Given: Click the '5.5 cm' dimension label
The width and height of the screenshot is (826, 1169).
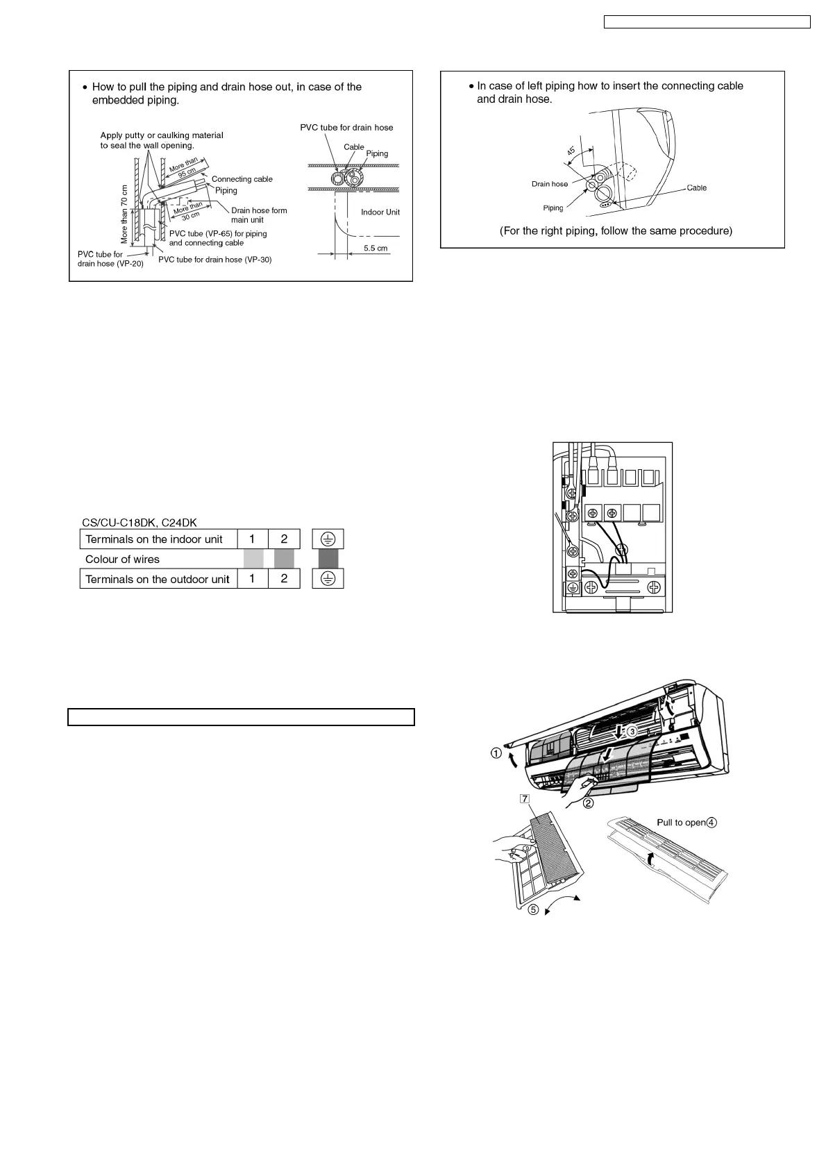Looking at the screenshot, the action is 376,248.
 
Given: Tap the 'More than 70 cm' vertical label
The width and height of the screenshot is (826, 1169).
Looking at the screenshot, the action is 125,213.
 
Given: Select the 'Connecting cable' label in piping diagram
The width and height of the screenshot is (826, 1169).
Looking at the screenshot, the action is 242,179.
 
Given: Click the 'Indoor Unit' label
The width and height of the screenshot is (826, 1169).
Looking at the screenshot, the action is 380,212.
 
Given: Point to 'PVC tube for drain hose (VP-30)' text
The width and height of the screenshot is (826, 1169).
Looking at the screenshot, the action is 214,260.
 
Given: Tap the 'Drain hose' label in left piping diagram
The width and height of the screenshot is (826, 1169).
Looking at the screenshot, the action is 549,184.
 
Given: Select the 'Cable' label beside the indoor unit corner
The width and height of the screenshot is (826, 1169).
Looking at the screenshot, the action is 696,188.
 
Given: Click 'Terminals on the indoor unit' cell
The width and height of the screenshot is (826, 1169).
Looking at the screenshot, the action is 158,539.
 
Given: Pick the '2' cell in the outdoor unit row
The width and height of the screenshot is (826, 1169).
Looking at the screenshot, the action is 284,579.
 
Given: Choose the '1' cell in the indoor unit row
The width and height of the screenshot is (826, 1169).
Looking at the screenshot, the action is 253,539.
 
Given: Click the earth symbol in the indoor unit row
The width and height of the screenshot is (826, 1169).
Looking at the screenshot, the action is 328,539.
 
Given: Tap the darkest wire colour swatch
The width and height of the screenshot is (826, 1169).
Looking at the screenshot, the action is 328,559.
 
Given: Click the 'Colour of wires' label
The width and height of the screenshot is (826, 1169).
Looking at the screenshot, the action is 122,560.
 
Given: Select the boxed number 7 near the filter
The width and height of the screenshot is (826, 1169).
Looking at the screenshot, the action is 525,798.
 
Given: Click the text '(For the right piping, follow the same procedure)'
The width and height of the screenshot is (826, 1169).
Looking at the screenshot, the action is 615,230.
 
